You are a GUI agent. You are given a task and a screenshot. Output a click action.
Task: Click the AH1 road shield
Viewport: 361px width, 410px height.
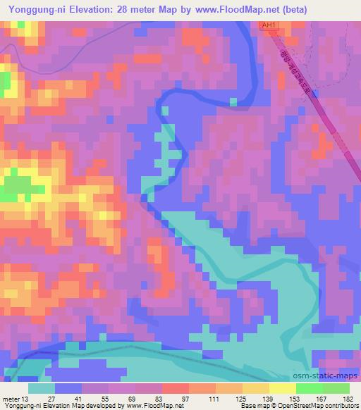pyautogui.click(x=269, y=25)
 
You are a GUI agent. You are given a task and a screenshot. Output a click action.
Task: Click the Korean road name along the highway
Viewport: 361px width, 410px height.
pyautogui.click(x=295, y=73)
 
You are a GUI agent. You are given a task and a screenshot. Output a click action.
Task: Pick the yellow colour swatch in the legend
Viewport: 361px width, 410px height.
pyautogui.click(x=282, y=388)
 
